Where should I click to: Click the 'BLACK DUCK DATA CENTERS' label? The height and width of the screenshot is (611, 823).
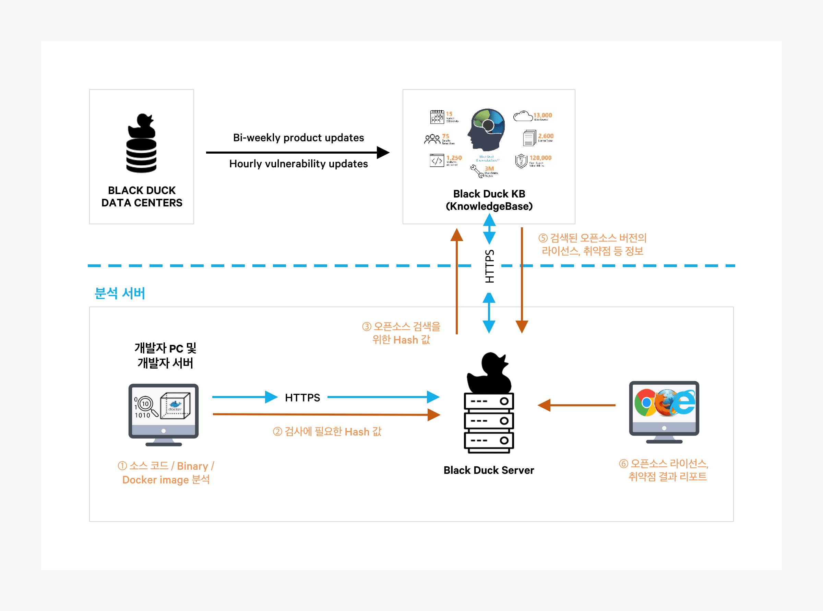click(x=142, y=196)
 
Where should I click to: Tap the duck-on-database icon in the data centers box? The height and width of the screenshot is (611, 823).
click(x=141, y=144)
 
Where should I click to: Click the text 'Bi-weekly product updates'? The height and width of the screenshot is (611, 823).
click(x=298, y=137)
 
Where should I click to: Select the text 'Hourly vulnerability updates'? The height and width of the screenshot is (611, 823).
click(x=298, y=164)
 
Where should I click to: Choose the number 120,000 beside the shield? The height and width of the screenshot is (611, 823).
click(x=540, y=158)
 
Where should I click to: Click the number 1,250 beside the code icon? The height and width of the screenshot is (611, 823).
click(x=454, y=158)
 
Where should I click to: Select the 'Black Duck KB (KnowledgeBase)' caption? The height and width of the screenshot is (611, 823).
click(x=489, y=200)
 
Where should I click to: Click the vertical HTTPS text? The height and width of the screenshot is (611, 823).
click(x=489, y=266)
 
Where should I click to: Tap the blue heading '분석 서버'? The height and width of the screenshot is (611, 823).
click(x=119, y=293)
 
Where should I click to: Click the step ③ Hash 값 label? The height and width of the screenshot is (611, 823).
click(x=401, y=333)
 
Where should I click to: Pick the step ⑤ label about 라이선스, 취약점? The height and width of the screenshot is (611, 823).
click(x=592, y=244)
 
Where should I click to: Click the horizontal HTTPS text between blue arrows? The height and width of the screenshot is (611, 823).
click(x=302, y=398)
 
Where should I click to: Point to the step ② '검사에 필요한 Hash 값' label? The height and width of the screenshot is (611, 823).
click(x=327, y=432)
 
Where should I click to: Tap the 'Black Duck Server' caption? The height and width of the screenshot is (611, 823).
click(x=489, y=470)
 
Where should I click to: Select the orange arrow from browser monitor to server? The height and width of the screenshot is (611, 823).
click(x=577, y=405)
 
